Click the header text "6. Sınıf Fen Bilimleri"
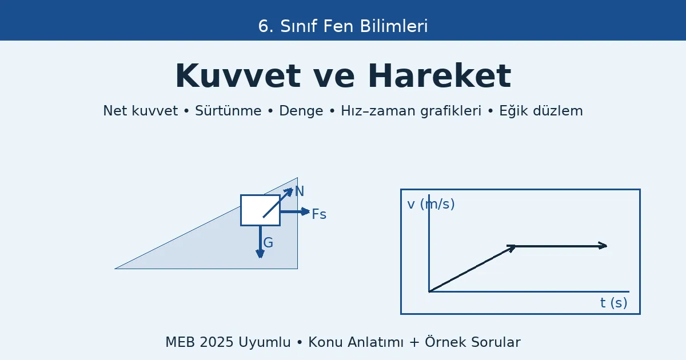[343, 26]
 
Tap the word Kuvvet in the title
[237, 77]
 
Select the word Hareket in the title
[439, 77]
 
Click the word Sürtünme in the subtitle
[228, 111]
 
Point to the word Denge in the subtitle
[301, 111]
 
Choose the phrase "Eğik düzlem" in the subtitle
[541, 111]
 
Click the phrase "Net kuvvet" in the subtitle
[140, 111]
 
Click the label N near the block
[300, 192]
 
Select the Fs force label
[319, 214]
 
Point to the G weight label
[268, 243]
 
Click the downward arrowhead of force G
[260, 254]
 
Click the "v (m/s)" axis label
[431, 204]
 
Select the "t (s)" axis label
[613, 303]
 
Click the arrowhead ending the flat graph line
[603, 246]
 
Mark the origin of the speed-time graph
[429, 292]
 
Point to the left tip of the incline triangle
[116, 268]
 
